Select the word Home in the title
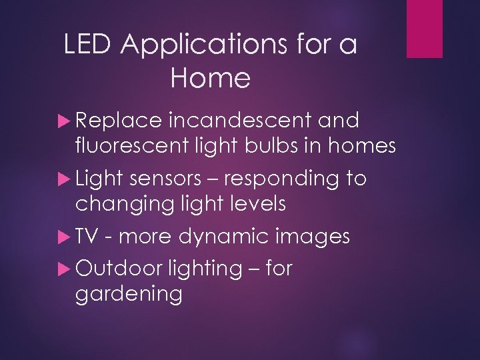point(210,79)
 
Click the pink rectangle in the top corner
point(425,29)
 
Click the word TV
point(86,236)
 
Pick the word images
point(312,236)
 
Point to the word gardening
point(129,293)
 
